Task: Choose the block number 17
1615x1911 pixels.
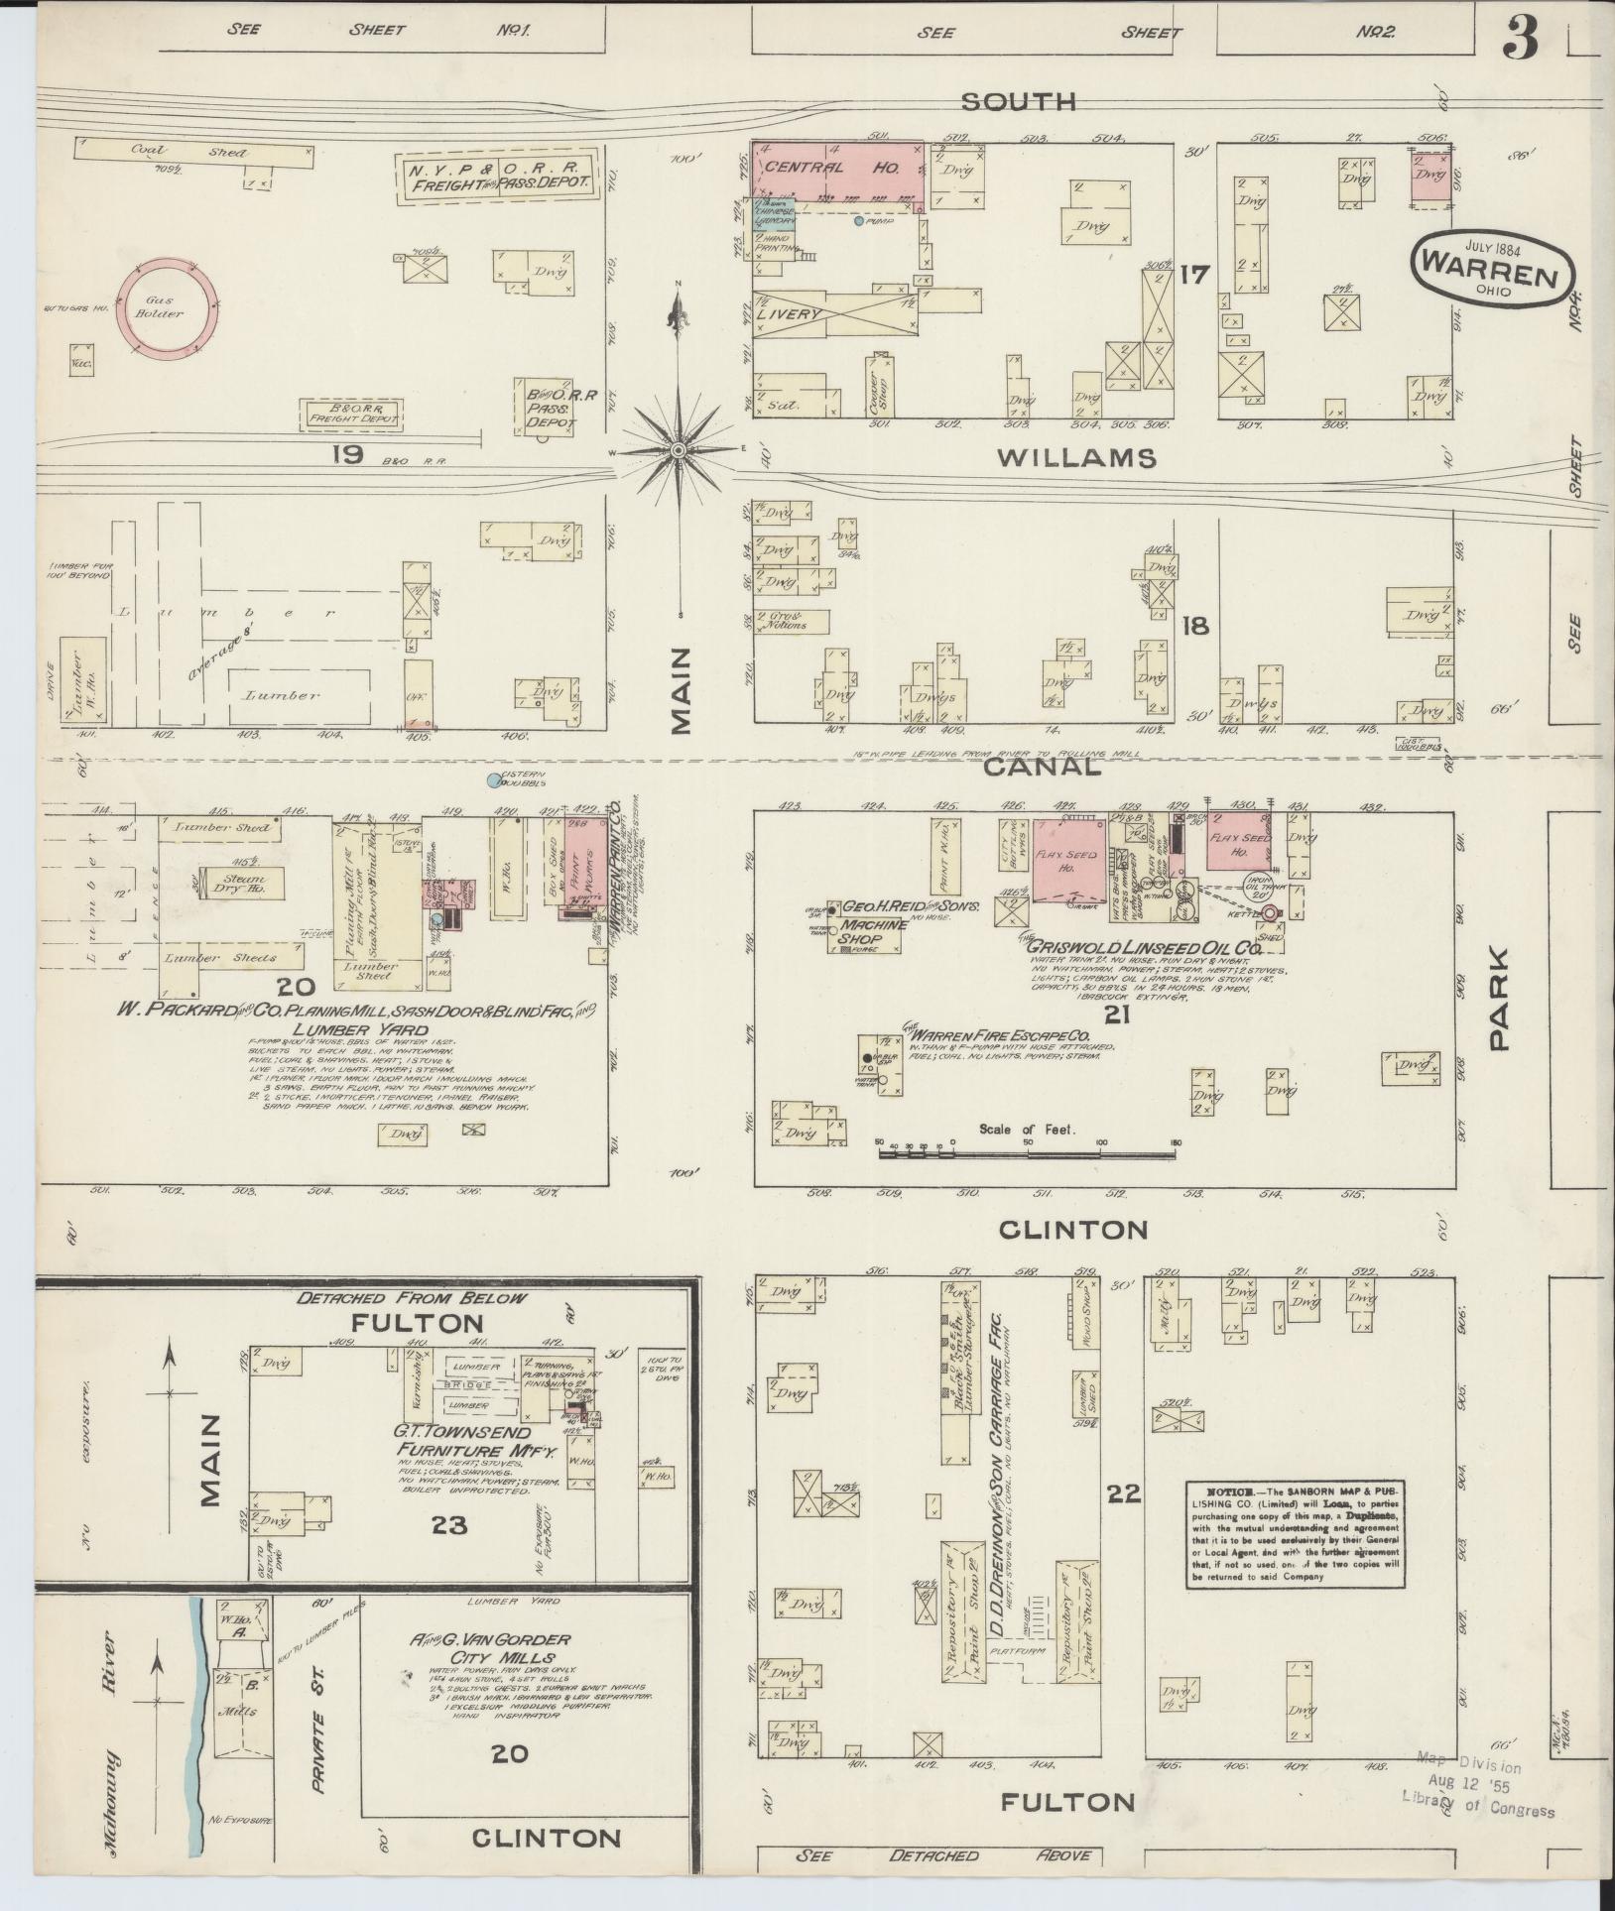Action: coord(1195,274)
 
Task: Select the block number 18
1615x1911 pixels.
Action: coord(1195,627)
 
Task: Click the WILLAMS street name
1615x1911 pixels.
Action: coord(1076,458)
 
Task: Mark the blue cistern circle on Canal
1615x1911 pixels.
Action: coord(493,781)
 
